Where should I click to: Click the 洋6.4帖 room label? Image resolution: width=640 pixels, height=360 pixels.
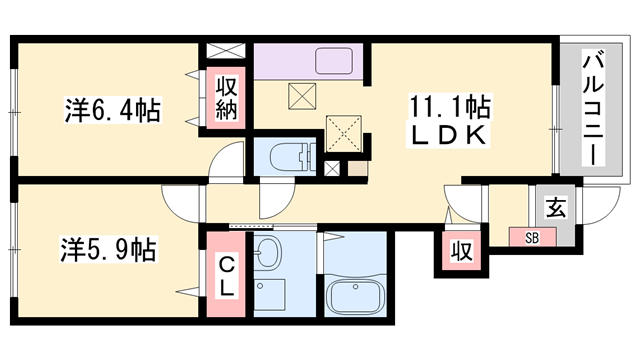(111, 107)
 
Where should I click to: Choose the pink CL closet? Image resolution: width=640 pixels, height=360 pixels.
(226, 273)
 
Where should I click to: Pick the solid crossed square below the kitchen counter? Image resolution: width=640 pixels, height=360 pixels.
(301, 98)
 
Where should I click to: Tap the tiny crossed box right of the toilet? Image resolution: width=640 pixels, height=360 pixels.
(332, 167)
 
